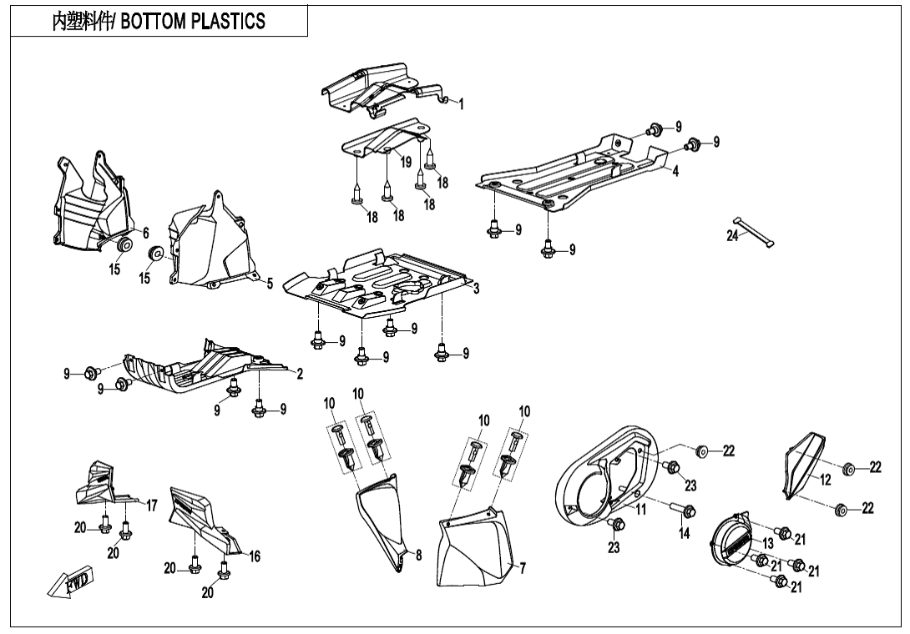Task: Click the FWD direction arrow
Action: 72,581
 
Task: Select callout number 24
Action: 732,236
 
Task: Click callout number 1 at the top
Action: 461,104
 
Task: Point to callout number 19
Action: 406,162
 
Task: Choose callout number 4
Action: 675,171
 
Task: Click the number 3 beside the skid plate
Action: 476,289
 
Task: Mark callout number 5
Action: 270,284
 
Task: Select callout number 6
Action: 145,233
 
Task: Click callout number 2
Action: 300,373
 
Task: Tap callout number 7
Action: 523,568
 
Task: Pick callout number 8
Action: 418,553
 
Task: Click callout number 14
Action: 685,534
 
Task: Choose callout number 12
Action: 825,480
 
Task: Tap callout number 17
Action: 152,505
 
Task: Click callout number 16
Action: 255,556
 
